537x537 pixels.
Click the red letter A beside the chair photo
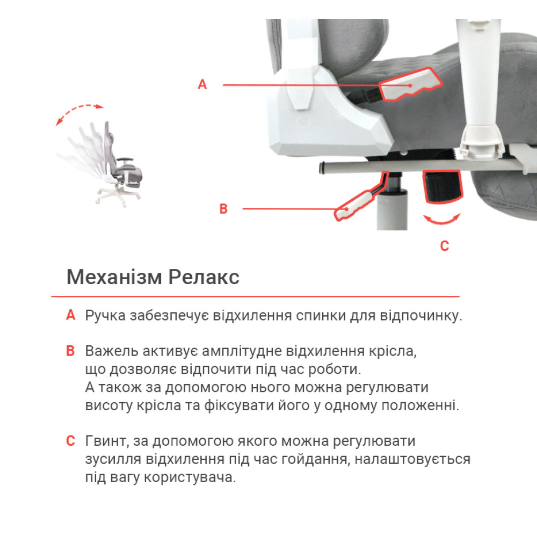pyautogui.click(x=202, y=84)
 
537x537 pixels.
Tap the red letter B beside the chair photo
pyautogui.click(x=223, y=208)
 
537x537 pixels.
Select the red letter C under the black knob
pyautogui.click(x=444, y=246)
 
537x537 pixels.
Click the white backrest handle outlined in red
pyautogui.click(x=410, y=84)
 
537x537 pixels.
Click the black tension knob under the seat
pyautogui.click(x=442, y=186)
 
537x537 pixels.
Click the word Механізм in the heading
pyautogui.click(x=114, y=277)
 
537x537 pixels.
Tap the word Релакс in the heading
pyautogui.click(x=204, y=277)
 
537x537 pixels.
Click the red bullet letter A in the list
pyautogui.click(x=70, y=315)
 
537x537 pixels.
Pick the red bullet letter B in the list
pyautogui.click(x=70, y=351)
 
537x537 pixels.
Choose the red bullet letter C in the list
pyautogui.click(x=70, y=441)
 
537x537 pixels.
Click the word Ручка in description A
pyautogui.click(x=105, y=316)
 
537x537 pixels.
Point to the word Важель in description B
pyautogui.click(x=112, y=351)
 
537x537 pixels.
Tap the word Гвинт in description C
pyautogui.click(x=107, y=441)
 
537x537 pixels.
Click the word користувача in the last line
pyautogui.click(x=190, y=477)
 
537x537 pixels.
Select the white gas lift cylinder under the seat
pyautogui.click(x=392, y=209)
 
